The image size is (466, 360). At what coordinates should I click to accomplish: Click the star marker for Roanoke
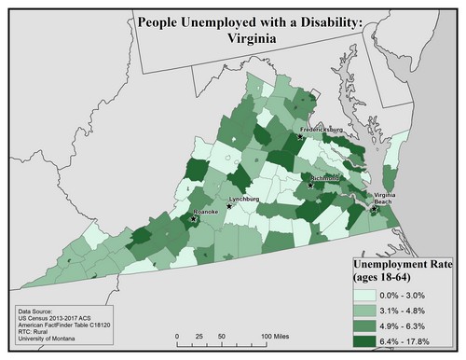(194, 219)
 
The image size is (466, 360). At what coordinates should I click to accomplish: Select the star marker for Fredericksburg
(300, 137)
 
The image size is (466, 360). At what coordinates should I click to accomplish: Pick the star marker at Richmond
(310, 185)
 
